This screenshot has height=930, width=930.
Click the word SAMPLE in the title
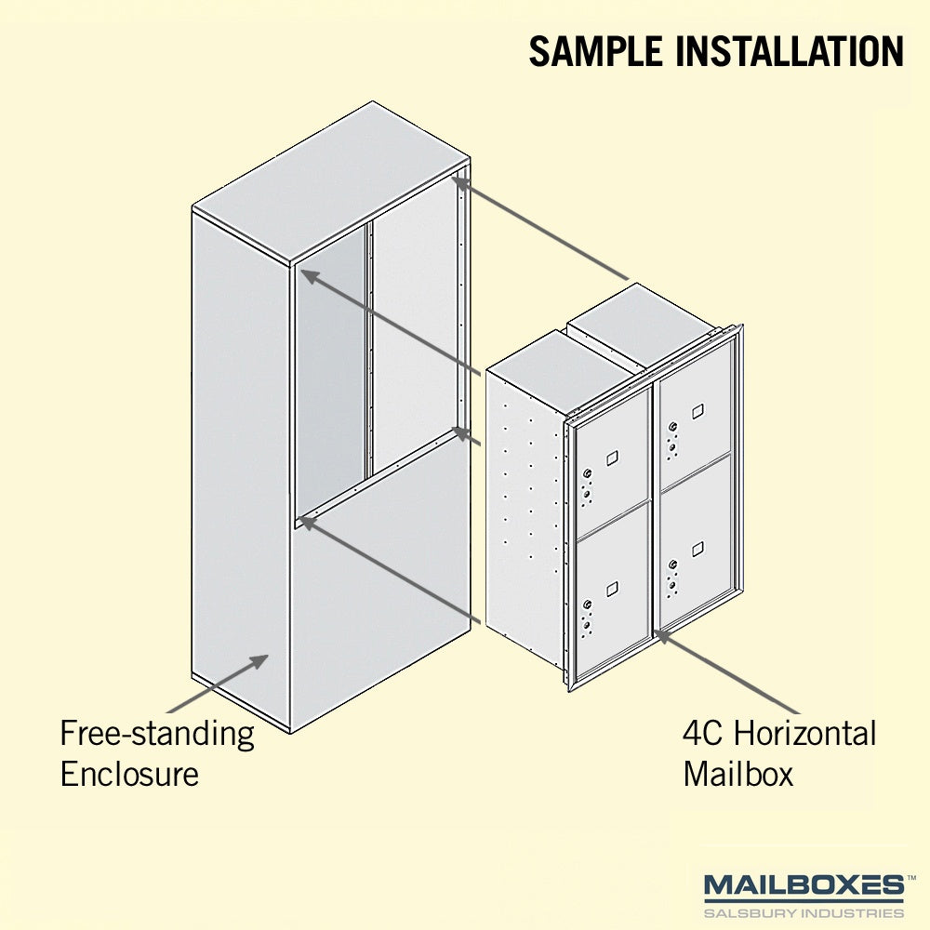click(x=595, y=51)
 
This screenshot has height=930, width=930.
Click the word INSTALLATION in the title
click(x=790, y=51)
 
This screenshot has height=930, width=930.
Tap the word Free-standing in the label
click(x=157, y=735)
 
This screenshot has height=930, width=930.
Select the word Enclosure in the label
click(x=129, y=774)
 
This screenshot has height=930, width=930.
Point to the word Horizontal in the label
click(x=804, y=733)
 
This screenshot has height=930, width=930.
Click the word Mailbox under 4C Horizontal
click(x=737, y=774)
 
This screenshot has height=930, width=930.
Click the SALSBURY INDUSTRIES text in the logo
click(x=804, y=912)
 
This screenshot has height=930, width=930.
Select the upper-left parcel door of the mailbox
click(x=613, y=460)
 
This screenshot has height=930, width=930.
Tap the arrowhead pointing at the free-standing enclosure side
click(x=259, y=661)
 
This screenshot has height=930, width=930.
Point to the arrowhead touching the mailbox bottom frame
click(x=662, y=636)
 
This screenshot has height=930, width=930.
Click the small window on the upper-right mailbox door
click(x=697, y=410)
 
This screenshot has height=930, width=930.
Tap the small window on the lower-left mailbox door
click(x=612, y=589)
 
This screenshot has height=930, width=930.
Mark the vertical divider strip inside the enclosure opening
click(x=369, y=350)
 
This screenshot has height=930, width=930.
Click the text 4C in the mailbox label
click(x=702, y=733)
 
